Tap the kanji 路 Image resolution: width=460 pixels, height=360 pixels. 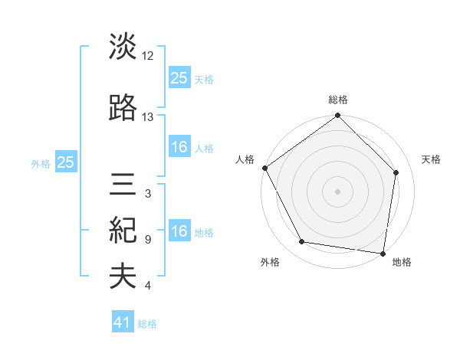click(123, 108)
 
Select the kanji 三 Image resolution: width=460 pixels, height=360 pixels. click(123, 186)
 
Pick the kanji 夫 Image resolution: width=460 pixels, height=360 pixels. click(123, 277)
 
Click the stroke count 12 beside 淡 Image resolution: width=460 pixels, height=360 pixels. click(148, 55)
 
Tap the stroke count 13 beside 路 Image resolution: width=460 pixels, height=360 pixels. click(148, 117)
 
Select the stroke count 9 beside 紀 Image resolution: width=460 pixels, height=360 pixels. click(148, 240)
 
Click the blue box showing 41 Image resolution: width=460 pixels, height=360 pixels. click(123, 323)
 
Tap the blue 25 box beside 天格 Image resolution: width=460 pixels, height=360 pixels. click(179, 77)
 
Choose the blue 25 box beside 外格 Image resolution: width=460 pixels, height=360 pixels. click(66, 162)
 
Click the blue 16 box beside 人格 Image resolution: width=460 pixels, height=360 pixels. click(179, 147)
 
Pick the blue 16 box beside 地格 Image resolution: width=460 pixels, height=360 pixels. click(179, 231)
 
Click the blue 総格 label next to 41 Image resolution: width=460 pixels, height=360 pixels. click(147, 324)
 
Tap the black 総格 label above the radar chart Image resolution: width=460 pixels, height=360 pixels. click(338, 100)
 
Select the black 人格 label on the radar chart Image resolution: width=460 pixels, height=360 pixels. click(245, 159)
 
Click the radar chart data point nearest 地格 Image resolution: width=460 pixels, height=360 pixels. click(383, 253)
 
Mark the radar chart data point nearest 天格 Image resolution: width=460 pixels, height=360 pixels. click(396, 172)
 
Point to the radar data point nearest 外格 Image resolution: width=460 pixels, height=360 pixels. click(302, 243)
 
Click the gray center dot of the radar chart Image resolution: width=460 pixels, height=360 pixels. click(337, 191)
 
